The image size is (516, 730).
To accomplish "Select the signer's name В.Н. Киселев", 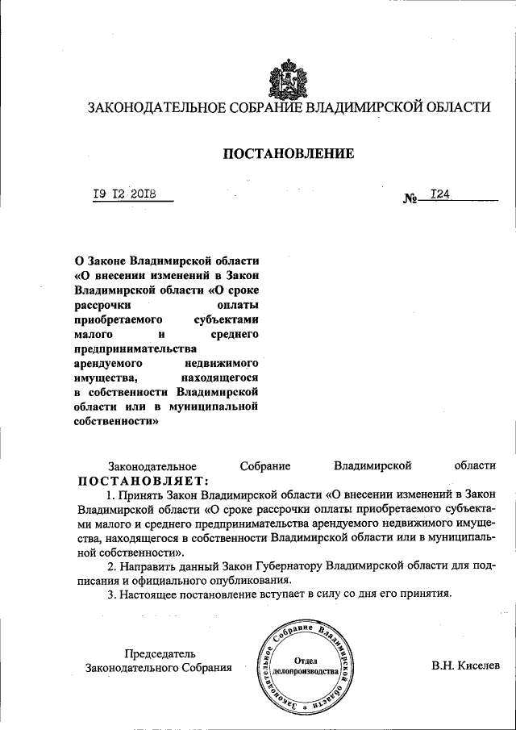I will click(x=466, y=666).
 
